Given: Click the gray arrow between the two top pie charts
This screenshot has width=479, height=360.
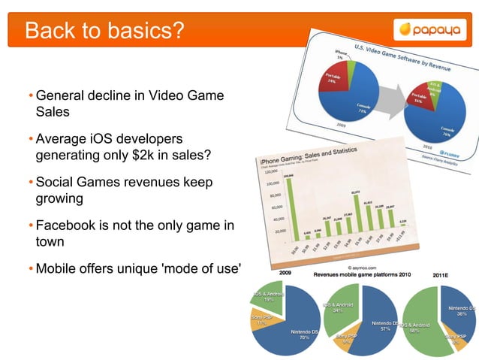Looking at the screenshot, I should (390, 95).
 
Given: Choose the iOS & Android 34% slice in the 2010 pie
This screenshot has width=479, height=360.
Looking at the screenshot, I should (339, 307).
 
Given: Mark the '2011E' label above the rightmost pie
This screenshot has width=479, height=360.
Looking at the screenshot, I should (444, 275).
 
